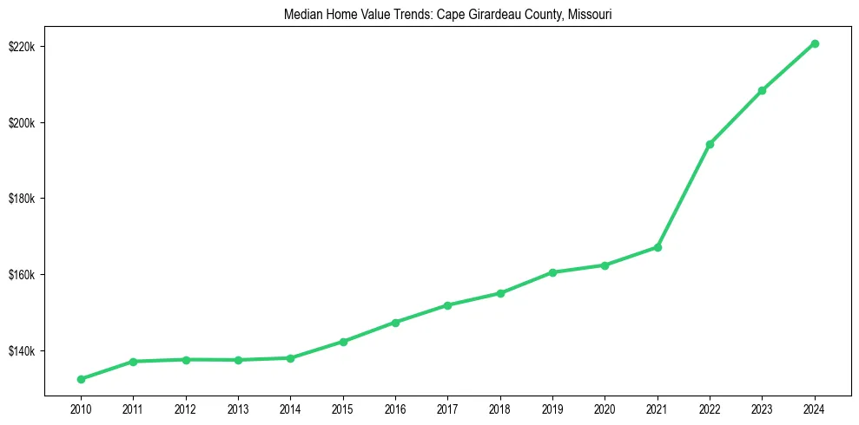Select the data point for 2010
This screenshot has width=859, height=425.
point(81,379)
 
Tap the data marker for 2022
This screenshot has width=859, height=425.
point(710,144)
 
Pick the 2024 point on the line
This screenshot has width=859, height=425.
point(815,43)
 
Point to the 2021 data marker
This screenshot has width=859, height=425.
point(657,247)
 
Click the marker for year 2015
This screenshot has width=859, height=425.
point(343,342)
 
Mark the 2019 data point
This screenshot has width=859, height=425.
point(552,272)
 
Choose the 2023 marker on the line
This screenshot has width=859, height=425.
point(762,90)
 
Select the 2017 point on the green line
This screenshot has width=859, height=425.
point(447,305)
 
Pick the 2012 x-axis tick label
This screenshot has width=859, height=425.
point(185,409)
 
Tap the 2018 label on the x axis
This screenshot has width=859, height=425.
point(499,409)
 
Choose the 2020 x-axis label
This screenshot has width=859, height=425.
point(605,409)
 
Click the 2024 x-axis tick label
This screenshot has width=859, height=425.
point(815,409)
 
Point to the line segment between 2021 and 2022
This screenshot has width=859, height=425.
point(684,196)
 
